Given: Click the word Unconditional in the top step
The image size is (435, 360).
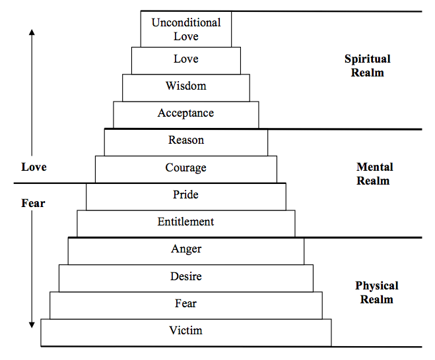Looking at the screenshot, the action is (186, 22).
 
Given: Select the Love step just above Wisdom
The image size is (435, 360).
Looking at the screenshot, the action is (186, 61).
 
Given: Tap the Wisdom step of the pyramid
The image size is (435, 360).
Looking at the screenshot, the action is (186, 88).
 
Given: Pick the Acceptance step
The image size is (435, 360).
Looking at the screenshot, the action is (186, 115).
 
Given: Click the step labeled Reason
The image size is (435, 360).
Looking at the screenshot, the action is (186, 142).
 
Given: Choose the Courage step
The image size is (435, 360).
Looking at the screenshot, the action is (186, 169).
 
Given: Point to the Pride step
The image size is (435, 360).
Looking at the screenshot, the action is (186, 196).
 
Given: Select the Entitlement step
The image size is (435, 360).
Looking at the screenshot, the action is (186, 224).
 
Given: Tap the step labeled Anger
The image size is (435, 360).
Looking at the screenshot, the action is (186, 251).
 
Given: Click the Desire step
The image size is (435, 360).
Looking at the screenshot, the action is (186, 278).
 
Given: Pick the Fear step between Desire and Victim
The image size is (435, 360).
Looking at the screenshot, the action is (186, 305).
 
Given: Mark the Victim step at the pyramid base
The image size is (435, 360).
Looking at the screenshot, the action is (186, 332).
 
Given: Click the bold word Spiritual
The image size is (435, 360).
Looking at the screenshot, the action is (368, 59).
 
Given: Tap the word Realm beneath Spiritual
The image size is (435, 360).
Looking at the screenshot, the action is (368, 73).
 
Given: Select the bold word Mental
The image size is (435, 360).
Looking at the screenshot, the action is (375, 167).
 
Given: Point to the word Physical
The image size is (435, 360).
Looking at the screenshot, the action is (377, 286).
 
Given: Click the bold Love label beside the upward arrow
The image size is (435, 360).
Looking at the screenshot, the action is (34, 167).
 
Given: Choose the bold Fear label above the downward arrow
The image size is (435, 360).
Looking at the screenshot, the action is (33, 203).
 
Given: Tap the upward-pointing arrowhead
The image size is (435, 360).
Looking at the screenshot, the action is (32, 32).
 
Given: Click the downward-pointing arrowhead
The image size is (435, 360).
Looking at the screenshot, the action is (32, 325).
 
